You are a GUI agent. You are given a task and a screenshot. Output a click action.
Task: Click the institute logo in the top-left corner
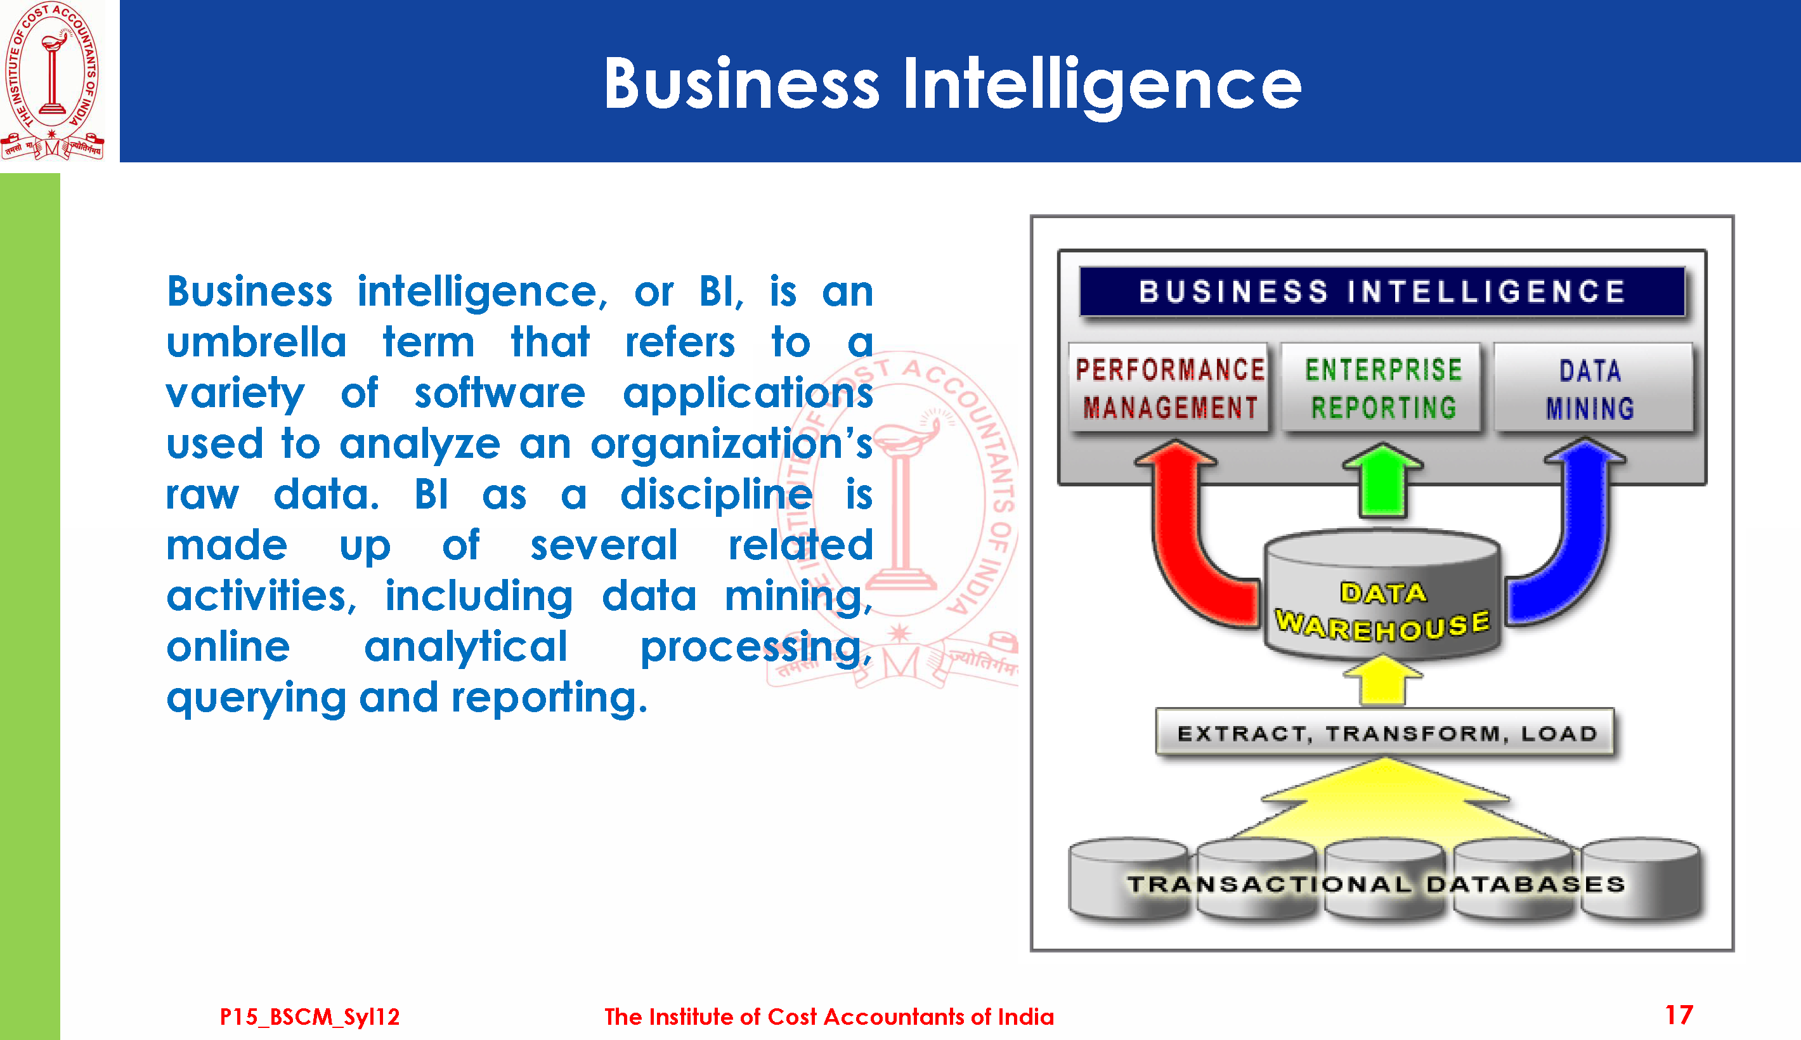pos(52,81)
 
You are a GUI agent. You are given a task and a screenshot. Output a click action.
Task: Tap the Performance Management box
pos(1169,388)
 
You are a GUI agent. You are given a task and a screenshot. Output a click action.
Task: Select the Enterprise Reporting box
pos(1382,388)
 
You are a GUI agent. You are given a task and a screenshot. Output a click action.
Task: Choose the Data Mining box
pos(1592,388)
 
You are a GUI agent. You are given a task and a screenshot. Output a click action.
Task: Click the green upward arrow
pos(1382,480)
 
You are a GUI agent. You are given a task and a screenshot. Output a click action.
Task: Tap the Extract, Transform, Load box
pos(1384,733)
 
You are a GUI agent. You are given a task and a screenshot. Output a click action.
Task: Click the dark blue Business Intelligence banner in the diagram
pos(1382,292)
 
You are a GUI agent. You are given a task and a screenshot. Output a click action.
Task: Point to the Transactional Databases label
pos(1376,884)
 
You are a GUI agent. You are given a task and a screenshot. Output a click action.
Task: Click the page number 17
pos(1679,1015)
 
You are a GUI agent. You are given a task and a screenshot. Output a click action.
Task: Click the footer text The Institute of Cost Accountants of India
pos(829,1017)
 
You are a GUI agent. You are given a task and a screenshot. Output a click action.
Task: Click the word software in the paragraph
pos(500,393)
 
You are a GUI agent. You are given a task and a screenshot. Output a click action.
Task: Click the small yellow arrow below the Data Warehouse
pos(1382,680)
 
